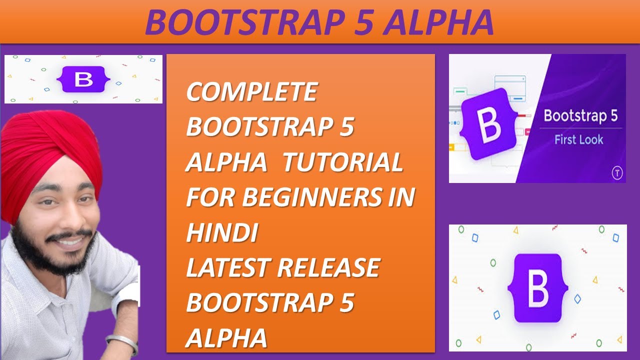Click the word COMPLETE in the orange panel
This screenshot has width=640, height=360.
click(251, 92)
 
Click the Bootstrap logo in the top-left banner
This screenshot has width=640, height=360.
click(83, 79)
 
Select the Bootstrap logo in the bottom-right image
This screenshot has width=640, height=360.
click(537, 288)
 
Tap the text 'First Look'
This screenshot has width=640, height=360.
click(578, 140)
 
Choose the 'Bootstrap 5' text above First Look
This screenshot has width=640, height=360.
click(580, 116)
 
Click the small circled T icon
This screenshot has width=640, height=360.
click(616, 173)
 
